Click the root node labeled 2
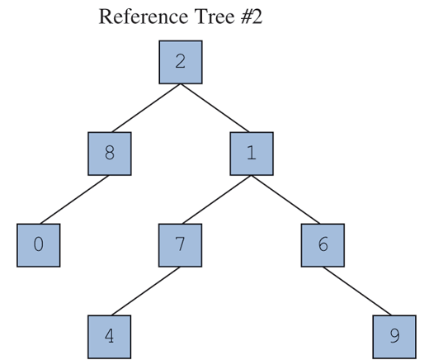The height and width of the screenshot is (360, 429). (180, 63)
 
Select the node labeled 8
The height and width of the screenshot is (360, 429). (110, 154)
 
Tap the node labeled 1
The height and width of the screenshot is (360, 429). (252, 154)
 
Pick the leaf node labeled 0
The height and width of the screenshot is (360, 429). (39, 245)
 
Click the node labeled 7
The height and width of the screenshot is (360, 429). (180, 245)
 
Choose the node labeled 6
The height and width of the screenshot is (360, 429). (323, 245)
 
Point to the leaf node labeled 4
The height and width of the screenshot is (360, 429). (110, 337)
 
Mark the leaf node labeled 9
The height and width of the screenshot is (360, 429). (394, 337)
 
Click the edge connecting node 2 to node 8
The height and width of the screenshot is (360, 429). (145, 108)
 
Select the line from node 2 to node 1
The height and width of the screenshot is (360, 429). (216, 108)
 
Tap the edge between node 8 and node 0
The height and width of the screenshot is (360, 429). (74, 200)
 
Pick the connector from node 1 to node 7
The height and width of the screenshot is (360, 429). (216, 200)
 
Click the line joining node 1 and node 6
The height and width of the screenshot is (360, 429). (287, 200)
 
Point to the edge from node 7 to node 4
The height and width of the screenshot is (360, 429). (145, 291)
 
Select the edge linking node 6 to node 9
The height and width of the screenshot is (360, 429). (358, 291)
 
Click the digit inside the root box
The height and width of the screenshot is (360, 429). (180, 63)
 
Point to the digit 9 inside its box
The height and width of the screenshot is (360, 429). (394, 337)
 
